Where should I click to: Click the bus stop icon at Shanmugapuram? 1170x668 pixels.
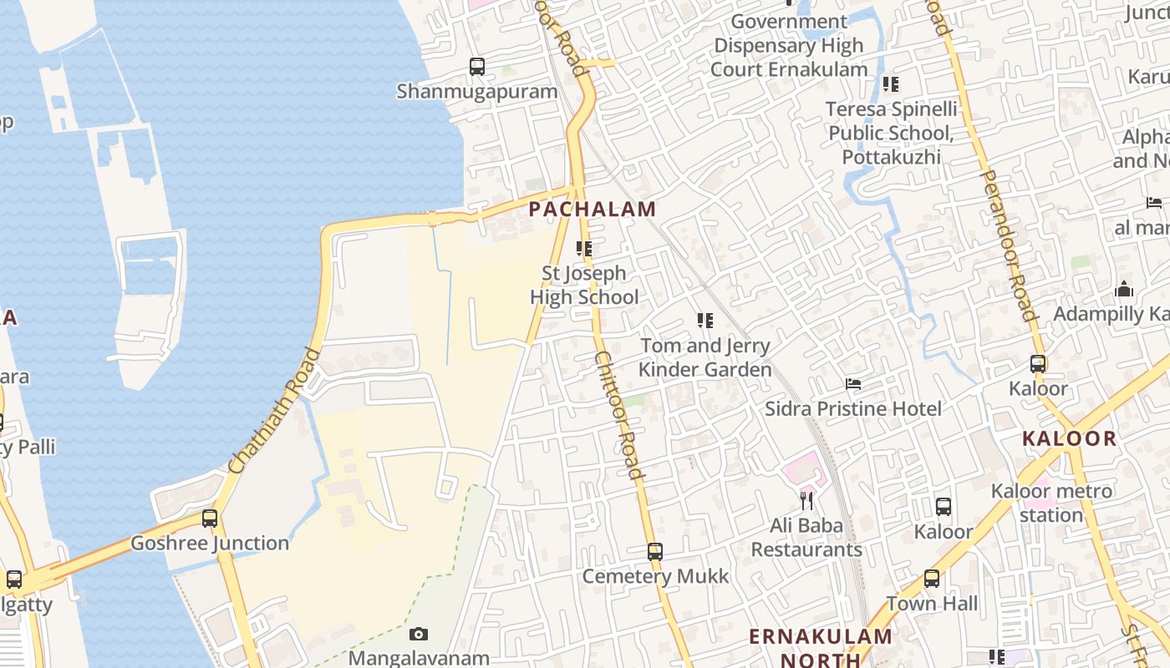477,67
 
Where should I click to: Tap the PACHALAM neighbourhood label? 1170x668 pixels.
592,210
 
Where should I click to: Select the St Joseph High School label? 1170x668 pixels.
584,286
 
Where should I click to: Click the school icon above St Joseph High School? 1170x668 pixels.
584,249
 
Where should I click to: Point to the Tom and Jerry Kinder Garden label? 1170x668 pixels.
705,357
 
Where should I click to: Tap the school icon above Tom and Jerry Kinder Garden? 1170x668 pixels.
705,321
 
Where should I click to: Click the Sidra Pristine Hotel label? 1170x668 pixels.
853,408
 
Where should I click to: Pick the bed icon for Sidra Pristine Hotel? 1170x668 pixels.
853,384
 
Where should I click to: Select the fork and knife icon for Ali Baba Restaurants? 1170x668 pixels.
806,501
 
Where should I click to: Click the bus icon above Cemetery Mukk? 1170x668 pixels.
655,552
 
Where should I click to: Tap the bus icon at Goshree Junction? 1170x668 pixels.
210,519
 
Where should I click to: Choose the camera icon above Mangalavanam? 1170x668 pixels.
419,635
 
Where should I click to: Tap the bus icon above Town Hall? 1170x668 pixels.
932,579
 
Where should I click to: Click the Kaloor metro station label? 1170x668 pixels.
1051,503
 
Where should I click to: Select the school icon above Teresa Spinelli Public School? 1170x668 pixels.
891,84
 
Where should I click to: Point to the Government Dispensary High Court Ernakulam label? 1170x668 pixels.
789,45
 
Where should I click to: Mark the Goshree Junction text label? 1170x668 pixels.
210,544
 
